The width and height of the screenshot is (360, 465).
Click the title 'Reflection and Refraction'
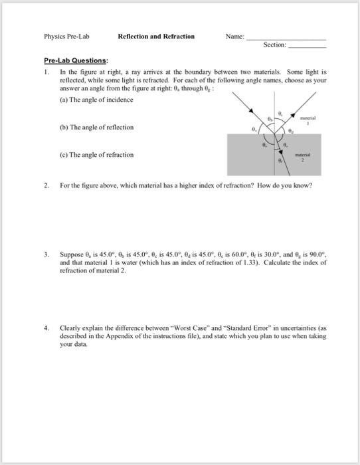tap(156, 37)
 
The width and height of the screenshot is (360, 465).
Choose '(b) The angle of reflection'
tap(97, 127)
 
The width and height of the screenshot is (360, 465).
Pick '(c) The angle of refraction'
tap(97, 155)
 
